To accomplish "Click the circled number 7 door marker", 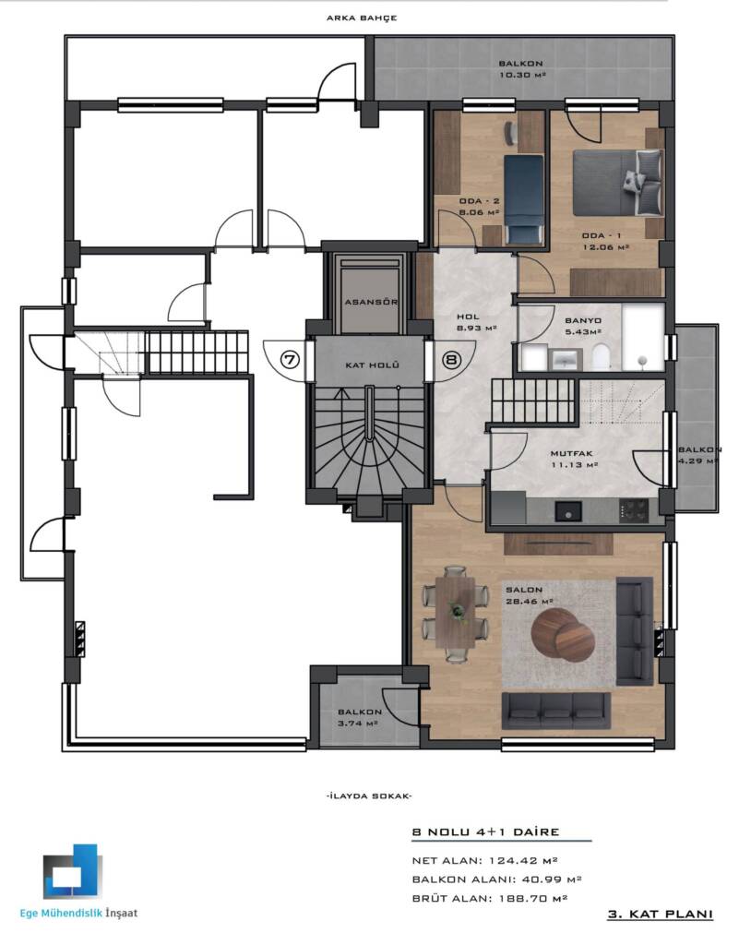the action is [x=291, y=360].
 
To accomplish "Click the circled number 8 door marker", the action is [x=450, y=360].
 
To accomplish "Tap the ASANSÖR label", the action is [x=371, y=302].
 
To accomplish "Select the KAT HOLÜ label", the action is [x=372, y=365].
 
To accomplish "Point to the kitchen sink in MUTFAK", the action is [x=568, y=511].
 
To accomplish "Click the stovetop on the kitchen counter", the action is [x=634, y=511].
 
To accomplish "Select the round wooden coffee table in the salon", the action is [x=563, y=633].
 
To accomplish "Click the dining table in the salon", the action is [x=457, y=611].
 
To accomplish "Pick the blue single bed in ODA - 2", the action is [x=523, y=199].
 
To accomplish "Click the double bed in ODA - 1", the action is [x=618, y=182].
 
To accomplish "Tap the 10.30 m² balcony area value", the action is [x=522, y=76].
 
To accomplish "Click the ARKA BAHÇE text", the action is [x=362, y=18].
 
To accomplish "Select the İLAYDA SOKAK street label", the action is [x=369, y=796].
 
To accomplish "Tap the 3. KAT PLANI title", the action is [x=660, y=915].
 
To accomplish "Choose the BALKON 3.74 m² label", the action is [x=359, y=718].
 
